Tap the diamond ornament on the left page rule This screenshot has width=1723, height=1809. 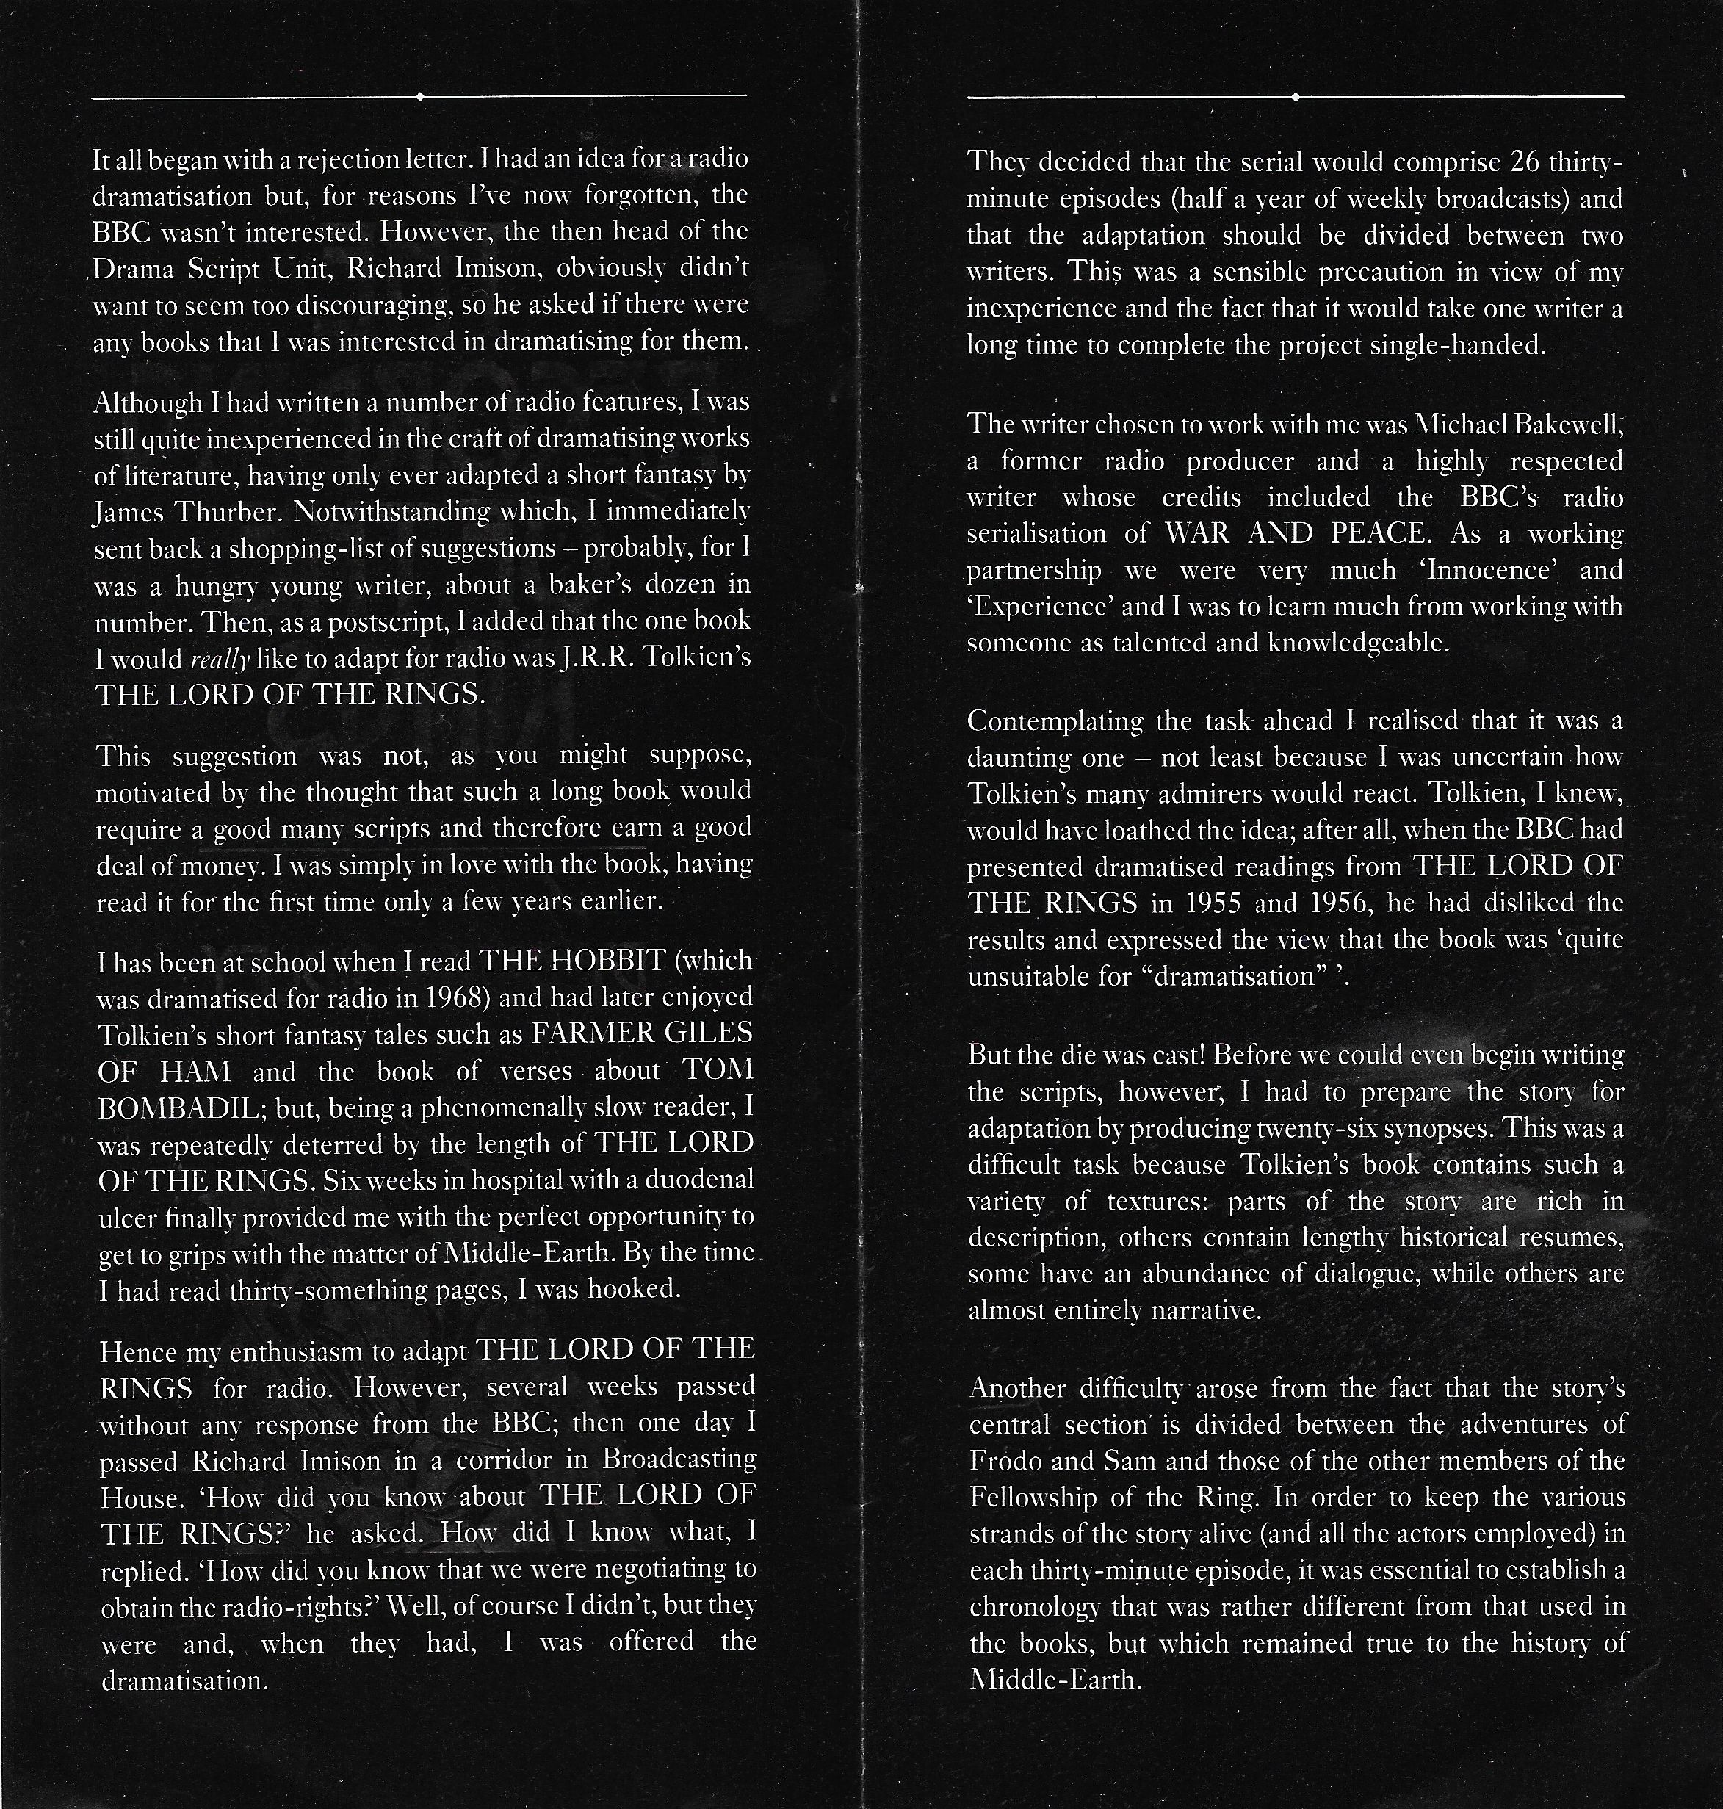[419, 95]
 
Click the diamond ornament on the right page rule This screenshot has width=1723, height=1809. [1295, 96]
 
